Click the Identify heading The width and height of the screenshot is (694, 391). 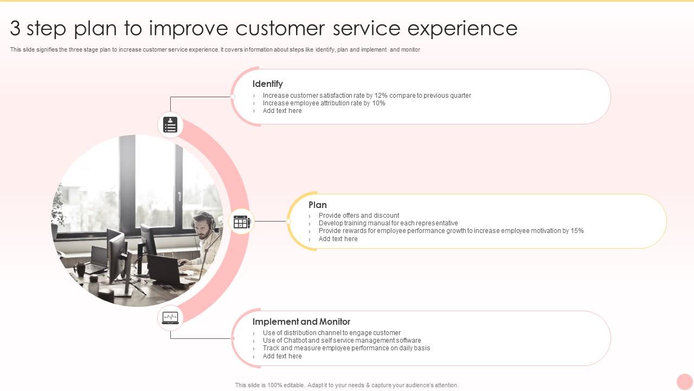[267, 84]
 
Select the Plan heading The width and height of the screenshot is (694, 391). [318, 205]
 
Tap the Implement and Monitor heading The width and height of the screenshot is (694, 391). [301, 321]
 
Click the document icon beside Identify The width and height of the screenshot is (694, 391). [171, 125]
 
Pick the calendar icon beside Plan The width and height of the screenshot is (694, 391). [241, 222]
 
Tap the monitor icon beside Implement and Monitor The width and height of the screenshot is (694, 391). [170, 317]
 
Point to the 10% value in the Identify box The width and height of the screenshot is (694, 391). [378, 103]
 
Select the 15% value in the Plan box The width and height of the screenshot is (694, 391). [577, 231]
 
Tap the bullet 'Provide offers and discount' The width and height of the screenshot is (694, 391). [359, 216]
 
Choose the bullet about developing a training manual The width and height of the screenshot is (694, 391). [388, 223]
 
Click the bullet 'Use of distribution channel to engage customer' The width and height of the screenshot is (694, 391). [332, 333]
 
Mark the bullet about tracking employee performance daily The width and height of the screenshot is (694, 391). [346, 348]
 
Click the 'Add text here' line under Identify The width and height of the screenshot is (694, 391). [282, 111]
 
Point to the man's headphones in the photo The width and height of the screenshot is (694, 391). [211, 222]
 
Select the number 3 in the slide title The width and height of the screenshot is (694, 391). [16, 28]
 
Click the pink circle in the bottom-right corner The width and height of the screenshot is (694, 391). [685, 381]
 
